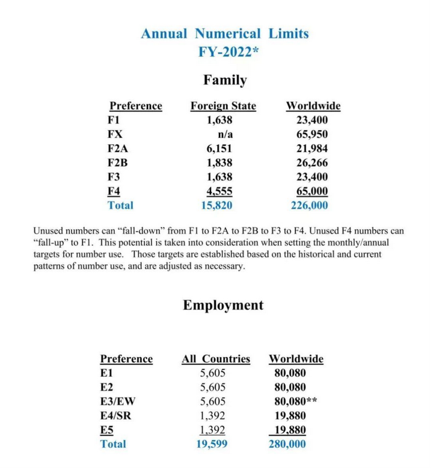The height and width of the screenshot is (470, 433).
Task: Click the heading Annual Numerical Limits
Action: click(224, 33)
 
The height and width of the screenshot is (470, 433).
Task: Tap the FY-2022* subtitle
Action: click(225, 51)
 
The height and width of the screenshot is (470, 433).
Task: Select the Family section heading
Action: click(225, 79)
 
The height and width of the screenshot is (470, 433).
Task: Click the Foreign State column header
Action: click(223, 106)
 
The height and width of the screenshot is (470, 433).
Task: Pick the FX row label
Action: click(115, 134)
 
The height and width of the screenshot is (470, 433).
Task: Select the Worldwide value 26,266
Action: click(312, 162)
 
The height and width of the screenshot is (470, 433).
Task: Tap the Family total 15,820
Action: click(216, 205)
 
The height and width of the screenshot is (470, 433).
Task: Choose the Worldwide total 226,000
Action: click(309, 205)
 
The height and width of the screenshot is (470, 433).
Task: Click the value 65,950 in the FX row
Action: click(312, 134)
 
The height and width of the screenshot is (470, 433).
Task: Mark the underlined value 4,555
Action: click(219, 191)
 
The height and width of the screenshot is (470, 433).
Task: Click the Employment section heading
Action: click(223, 305)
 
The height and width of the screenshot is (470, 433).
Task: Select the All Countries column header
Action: click(216, 359)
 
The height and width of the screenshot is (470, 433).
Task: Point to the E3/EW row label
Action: click(120, 401)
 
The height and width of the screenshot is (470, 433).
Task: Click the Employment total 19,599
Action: click(213, 444)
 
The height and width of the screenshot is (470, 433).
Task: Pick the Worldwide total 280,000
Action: click(287, 444)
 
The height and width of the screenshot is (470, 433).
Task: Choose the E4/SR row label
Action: click(118, 415)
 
